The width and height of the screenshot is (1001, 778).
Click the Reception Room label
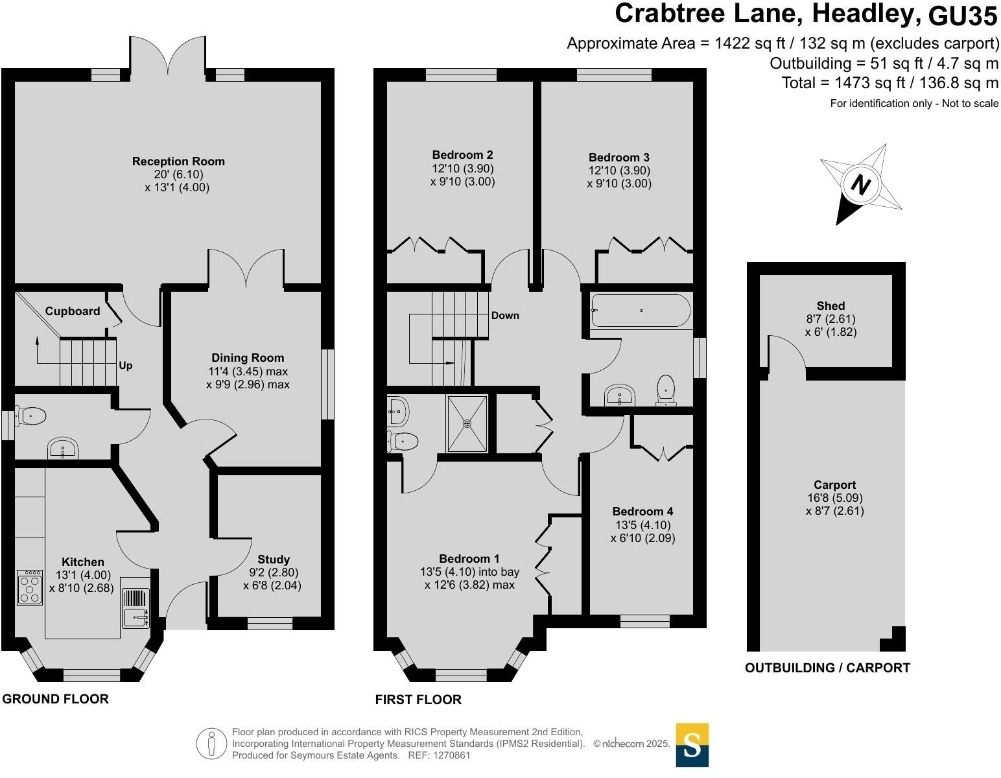[x=178, y=161]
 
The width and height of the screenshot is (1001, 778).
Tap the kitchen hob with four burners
[x=30, y=587]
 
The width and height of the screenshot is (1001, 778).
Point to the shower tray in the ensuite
[x=467, y=423]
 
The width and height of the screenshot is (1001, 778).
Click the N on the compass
[x=860, y=185]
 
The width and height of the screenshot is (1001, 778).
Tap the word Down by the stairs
[x=505, y=316]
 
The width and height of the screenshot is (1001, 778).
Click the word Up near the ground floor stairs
[x=126, y=366]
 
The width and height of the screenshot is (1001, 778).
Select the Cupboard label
[x=73, y=311]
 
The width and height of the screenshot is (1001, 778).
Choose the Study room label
[x=274, y=560]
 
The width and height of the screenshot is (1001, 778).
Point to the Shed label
[x=830, y=306]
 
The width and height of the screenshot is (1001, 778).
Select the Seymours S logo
[x=692, y=745]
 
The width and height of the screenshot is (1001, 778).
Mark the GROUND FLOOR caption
[x=55, y=699]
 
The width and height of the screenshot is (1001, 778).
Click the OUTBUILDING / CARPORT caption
[x=827, y=668]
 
